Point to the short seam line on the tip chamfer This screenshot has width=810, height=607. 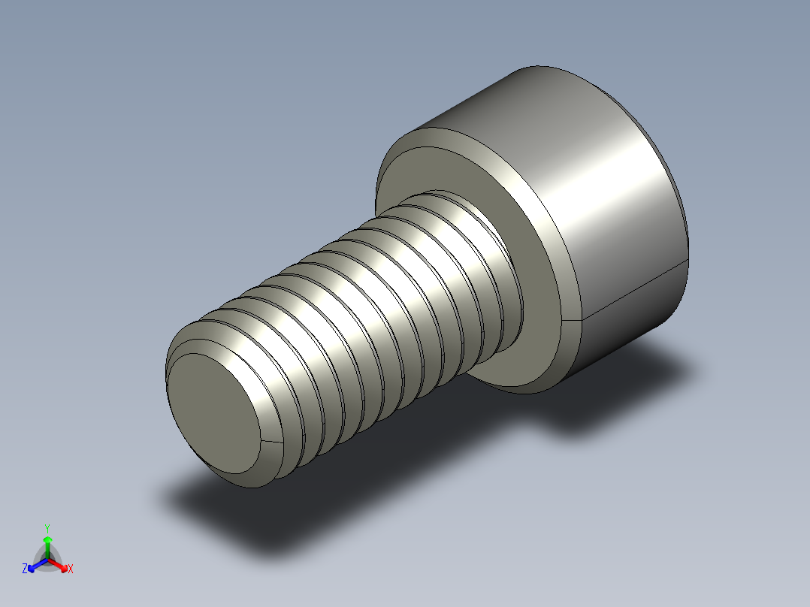pyautogui.click(x=271, y=441)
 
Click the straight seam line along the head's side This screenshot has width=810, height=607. pyautogui.click(x=635, y=288)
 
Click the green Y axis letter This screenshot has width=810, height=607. pyautogui.click(x=47, y=527)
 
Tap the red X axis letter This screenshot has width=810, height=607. pyautogui.click(x=71, y=569)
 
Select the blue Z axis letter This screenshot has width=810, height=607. pyautogui.click(x=25, y=569)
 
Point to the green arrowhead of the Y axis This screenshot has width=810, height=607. pyautogui.click(x=47, y=539)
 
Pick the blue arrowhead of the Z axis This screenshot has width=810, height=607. pyautogui.click(x=33, y=566)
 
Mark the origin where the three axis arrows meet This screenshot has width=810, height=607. pyautogui.click(x=47, y=558)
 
